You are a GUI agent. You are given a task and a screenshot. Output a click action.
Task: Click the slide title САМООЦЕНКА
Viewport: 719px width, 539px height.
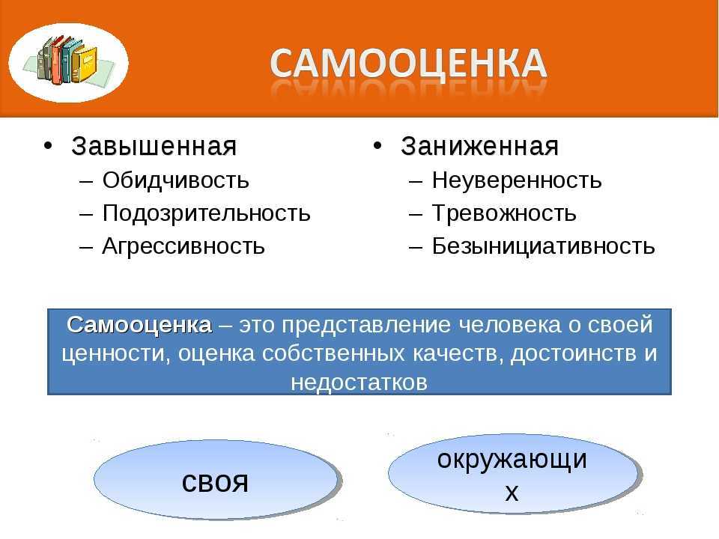[408, 63]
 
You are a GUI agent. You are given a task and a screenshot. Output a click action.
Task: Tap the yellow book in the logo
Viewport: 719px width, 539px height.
[85, 64]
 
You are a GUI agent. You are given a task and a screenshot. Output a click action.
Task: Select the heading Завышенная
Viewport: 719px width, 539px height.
[154, 146]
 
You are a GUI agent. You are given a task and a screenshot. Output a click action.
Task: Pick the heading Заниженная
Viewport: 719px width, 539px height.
[479, 146]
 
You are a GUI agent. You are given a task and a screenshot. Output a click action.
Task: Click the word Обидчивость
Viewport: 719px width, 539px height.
[175, 180]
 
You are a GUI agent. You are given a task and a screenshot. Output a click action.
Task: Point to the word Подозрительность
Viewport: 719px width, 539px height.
[207, 213]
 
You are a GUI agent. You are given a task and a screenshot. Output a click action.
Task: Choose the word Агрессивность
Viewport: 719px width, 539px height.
[183, 246]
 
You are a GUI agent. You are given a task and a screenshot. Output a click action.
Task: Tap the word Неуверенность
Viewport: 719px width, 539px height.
[517, 180]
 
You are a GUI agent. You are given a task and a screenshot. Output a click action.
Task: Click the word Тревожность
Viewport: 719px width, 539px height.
[504, 213]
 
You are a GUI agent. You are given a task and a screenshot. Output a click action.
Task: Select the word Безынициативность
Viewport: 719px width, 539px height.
[544, 246]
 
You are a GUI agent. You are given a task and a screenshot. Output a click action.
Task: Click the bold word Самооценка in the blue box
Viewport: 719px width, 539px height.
[139, 324]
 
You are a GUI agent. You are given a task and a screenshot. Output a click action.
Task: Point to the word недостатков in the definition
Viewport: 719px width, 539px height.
[359, 382]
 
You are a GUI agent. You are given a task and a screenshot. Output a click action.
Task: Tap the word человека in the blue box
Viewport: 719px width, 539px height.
[510, 324]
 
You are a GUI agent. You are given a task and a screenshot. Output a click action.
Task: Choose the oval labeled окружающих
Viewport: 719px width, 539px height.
[515, 474]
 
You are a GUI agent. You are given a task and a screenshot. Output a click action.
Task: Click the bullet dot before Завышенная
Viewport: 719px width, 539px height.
[48, 146]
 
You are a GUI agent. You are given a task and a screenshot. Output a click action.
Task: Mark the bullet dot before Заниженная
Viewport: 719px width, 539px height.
[377, 146]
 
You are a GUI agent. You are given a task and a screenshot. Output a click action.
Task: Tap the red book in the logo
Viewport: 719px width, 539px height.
[56, 61]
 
